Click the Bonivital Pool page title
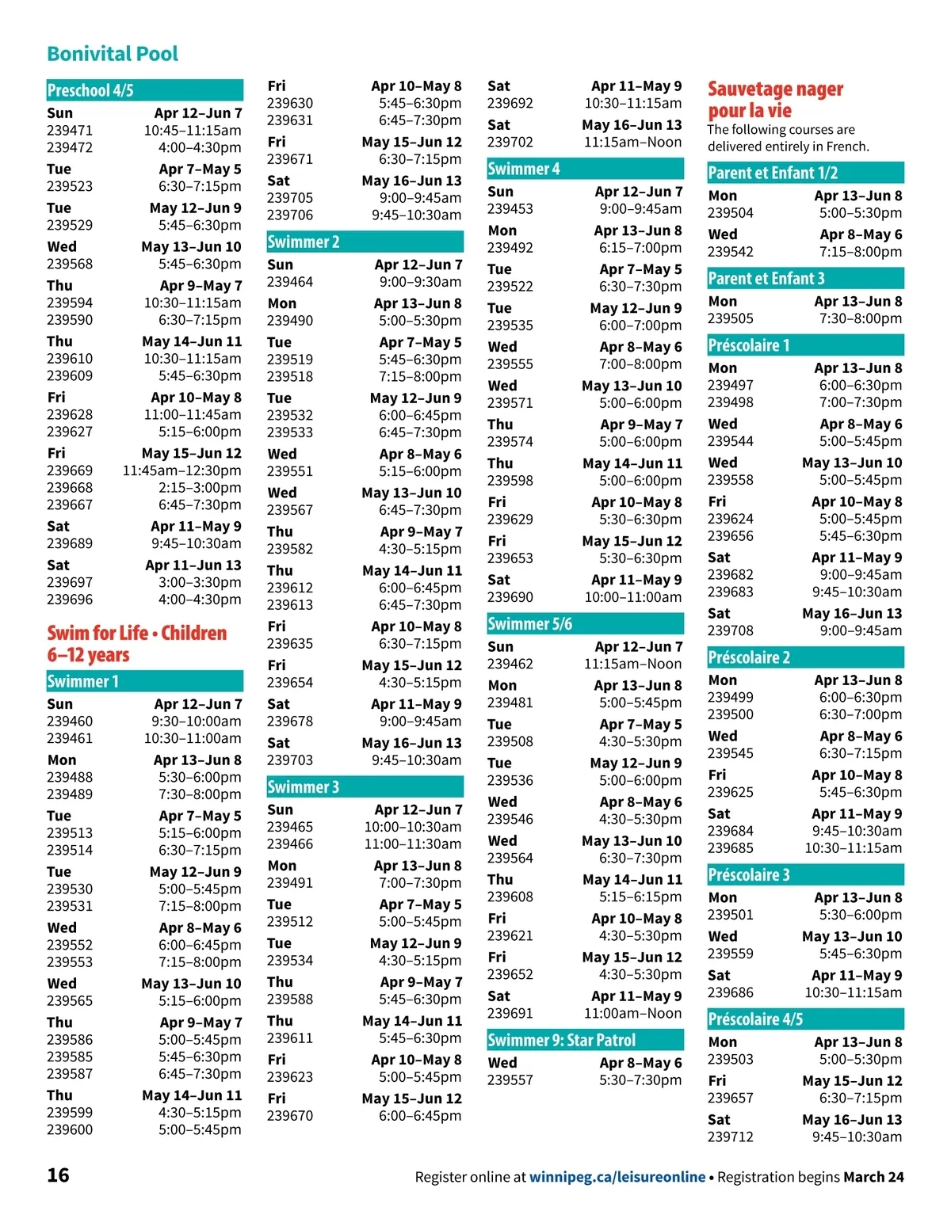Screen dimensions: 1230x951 (113, 54)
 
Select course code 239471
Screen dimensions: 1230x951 (70, 131)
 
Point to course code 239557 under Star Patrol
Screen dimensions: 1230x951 (510, 1080)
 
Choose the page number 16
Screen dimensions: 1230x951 (58, 1175)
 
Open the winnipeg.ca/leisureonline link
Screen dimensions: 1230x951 (617, 1177)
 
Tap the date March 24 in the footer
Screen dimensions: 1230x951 (873, 1177)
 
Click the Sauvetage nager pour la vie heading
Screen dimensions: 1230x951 (774, 100)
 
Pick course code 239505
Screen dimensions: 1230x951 (731, 318)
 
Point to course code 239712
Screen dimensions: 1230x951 (731, 1137)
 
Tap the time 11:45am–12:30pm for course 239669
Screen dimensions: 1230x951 (181, 470)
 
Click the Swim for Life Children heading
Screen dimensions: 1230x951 (136, 643)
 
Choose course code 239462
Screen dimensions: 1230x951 (510, 664)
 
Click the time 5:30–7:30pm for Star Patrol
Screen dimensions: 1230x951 (640, 1080)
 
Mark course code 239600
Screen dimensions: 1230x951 (70, 1129)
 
